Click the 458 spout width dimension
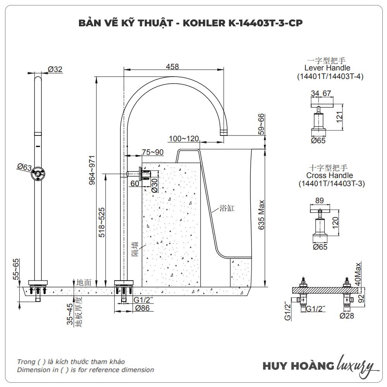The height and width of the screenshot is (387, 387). pyautogui.click(x=172, y=67)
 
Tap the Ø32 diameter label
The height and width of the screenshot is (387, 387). pyautogui.click(x=55, y=69)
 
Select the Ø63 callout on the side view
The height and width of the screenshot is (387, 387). pyautogui.click(x=24, y=167)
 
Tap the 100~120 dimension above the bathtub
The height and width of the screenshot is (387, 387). pyautogui.click(x=184, y=139)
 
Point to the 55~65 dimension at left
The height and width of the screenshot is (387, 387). pyautogui.click(x=16, y=269)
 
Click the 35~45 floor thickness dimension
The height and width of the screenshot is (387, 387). pyautogui.click(x=70, y=314)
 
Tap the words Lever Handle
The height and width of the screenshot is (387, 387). pyautogui.click(x=327, y=68)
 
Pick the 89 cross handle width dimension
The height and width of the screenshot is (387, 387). pyautogui.click(x=320, y=200)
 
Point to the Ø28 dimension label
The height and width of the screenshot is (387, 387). pyautogui.click(x=348, y=315)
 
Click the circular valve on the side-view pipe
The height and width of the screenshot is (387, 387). pyautogui.click(x=38, y=174)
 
